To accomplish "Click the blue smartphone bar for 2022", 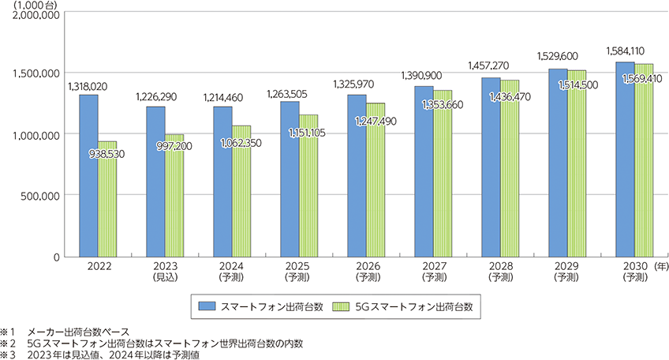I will (x=88, y=175).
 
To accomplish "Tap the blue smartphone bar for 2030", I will (x=626, y=159).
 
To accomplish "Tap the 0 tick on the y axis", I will (x=57, y=257).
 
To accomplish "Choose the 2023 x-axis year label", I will (x=165, y=267).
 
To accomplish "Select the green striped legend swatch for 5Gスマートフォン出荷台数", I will (x=341, y=304).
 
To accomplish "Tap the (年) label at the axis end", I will (x=660, y=267).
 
